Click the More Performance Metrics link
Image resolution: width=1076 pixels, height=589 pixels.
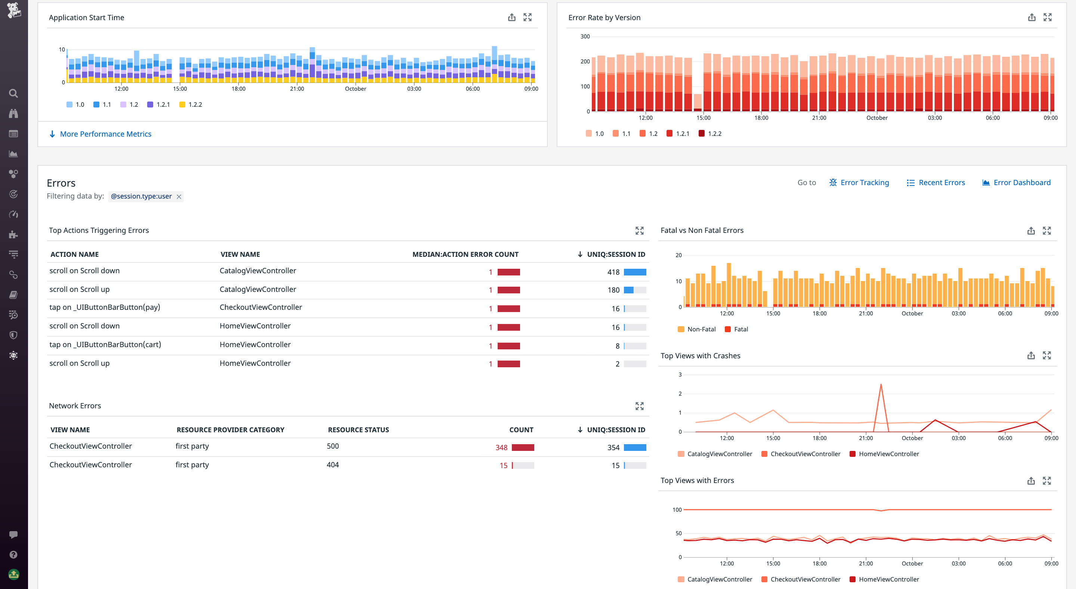pyautogui.click(x=105, y=134)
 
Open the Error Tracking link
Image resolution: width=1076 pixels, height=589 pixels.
pyautogui.click(x=864, y=183)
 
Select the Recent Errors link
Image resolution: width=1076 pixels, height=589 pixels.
pyautogui.click(x=941, y=183)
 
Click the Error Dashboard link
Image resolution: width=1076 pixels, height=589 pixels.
pyautogui.click(x=1021, y=183)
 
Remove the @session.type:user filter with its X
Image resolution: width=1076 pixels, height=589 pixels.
pyautogui.click(x=179, y=197)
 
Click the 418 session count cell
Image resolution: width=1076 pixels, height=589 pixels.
pyautogui.click(x=613, y=272)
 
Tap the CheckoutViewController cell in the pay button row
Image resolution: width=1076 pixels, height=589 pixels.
pyautogui.click(x=261, y=307)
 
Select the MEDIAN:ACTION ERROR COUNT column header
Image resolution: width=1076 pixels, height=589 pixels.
pyautogui.click(x=465, y=254)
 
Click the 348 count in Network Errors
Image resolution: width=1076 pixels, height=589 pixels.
pyautogui.click(x=501, y=448)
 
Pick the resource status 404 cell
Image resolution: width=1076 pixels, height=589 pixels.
pyautogui.click(x=333, y=465)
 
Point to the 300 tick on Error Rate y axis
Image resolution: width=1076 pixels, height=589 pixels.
pyautogui.click(x=585, y=37)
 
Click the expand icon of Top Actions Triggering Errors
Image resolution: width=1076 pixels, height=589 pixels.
pyautogui.click(x=639, y=231)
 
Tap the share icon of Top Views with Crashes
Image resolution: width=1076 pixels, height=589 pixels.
pyautogui.click(x=1031, y=356)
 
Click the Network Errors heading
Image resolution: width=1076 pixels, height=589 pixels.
pyautogui.click(x=75, y=406)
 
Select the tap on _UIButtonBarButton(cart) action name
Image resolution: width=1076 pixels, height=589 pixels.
pyautogui.click(x=105, y=345)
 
